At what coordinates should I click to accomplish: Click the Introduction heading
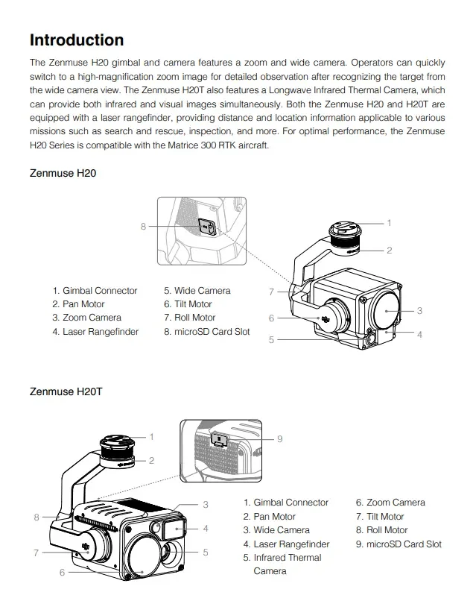[77, 40]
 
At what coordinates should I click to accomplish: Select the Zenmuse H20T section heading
[66, 391]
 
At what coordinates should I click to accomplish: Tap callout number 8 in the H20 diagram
[143, 227]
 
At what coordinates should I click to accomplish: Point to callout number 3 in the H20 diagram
[419, 310]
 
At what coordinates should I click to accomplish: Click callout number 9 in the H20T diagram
[279, 439]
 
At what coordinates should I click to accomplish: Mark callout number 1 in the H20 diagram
[388, 223]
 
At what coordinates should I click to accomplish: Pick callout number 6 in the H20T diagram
[63, 572]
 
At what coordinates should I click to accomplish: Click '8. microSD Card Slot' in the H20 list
[206, 332]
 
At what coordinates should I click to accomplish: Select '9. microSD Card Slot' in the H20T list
[398, 544]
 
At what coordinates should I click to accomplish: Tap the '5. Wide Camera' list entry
[197, 291]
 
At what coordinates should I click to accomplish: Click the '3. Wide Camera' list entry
[276, 530]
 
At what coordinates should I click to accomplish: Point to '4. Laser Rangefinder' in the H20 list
[95, 332]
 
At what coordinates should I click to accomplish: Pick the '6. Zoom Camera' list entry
[390, 503]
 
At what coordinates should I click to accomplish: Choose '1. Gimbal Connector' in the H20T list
[285, 503]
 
